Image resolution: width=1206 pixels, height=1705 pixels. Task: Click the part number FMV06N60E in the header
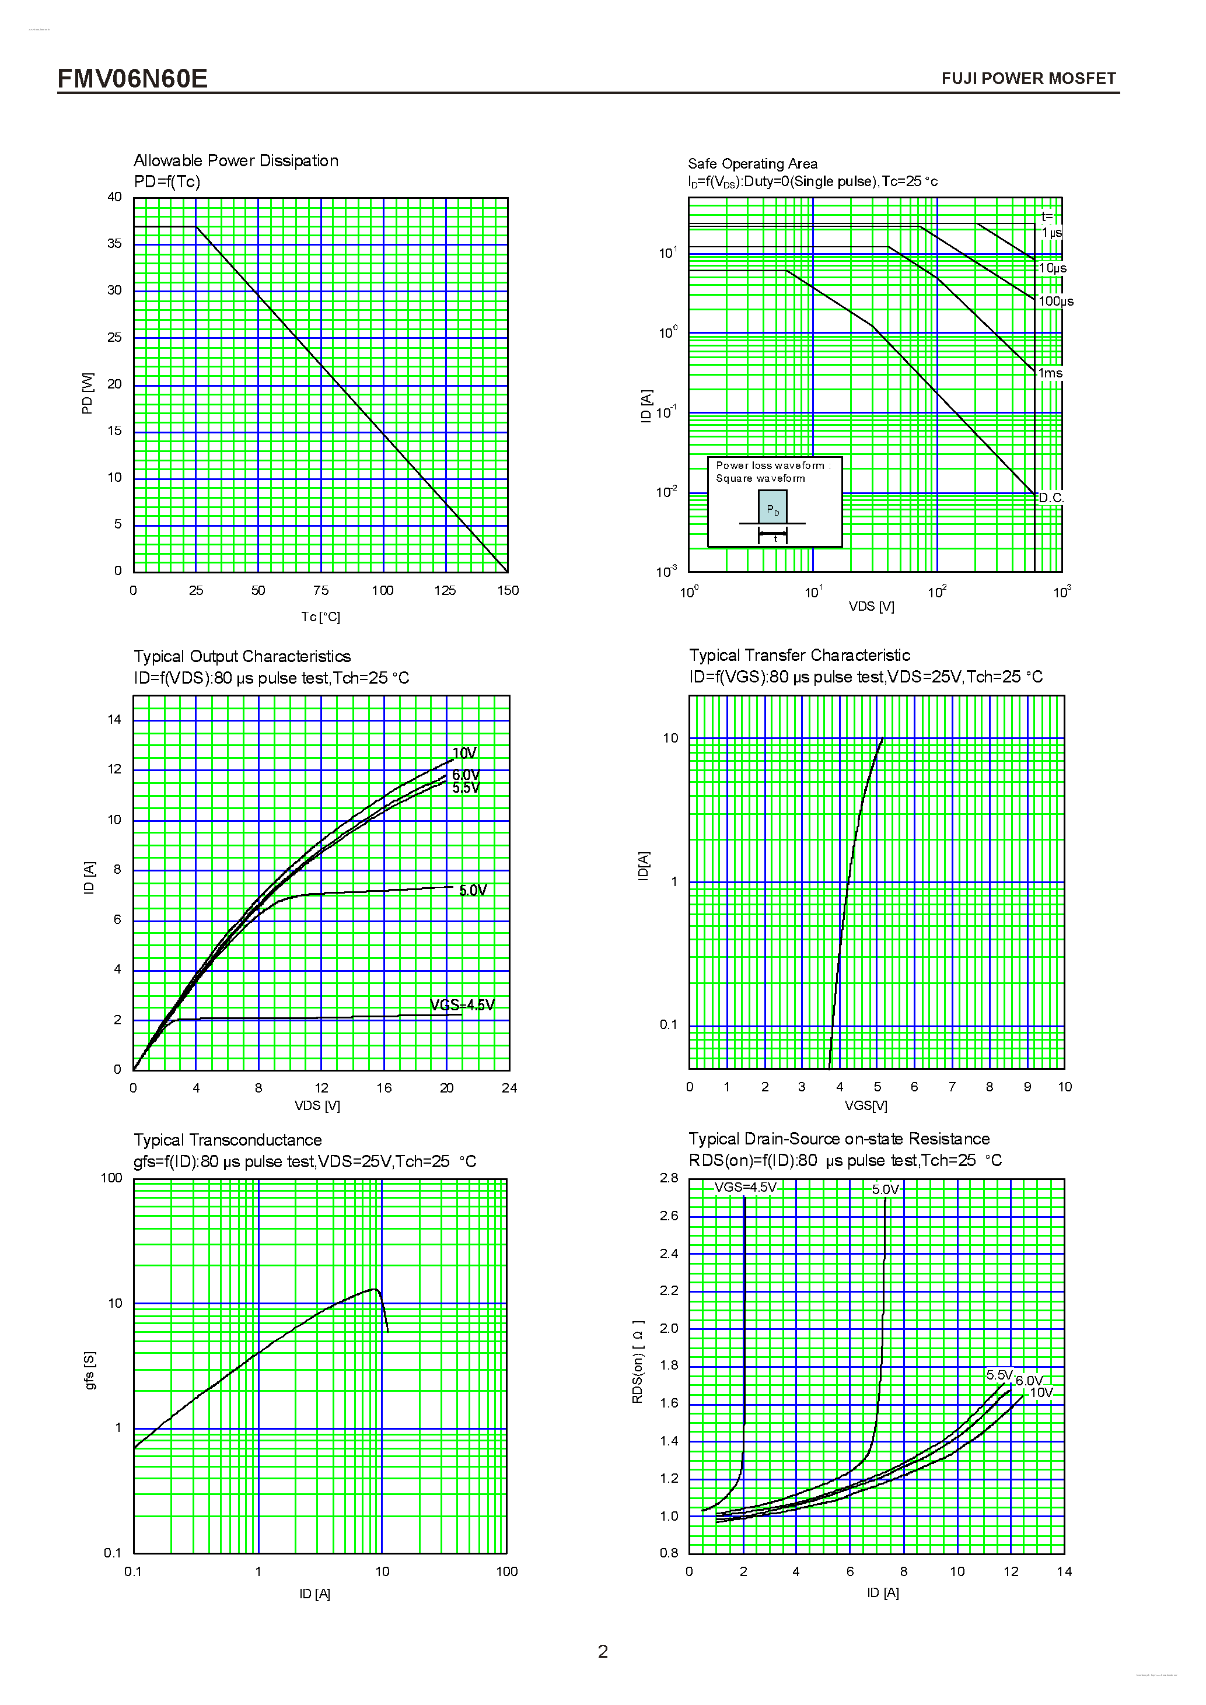coord(132,78)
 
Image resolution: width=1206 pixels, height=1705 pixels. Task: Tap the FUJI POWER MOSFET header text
coord(1028,79)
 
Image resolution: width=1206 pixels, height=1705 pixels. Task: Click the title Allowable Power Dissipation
coord(235,160)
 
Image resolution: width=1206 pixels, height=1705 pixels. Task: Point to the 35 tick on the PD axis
coord(114,244)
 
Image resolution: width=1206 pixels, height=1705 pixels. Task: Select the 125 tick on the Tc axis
coord(445,590)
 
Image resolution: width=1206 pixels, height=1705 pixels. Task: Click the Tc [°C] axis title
coord(320,617)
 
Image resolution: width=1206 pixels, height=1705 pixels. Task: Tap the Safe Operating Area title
coord(751,163)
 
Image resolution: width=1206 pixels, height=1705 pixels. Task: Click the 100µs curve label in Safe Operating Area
coord(1055,302)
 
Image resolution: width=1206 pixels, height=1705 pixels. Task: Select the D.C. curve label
coord(1050,498)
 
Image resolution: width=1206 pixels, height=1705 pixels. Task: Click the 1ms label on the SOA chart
coord(1050,373)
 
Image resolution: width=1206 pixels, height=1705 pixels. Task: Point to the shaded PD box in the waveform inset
coord(772,509)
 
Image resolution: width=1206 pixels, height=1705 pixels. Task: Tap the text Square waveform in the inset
coord(760,478)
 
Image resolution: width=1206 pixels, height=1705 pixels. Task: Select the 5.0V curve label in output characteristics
coord(472,890)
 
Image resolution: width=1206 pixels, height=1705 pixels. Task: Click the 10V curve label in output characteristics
coord(464,753)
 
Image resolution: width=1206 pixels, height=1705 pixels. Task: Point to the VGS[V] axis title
coord(865,1105)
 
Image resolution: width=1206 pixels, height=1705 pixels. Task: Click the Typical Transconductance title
coord(227,1140)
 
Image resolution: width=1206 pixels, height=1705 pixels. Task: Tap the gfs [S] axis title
coord(90,1370)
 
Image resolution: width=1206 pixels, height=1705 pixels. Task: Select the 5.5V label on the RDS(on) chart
coord(999,1375)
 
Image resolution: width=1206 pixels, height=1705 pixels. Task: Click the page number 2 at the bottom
coord(602,1651)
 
